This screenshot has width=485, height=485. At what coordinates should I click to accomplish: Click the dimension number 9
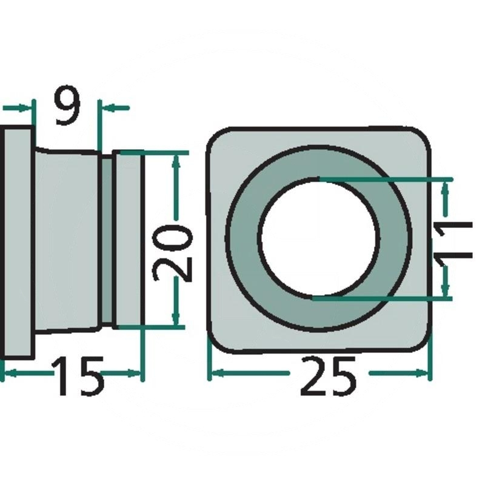[67, 105]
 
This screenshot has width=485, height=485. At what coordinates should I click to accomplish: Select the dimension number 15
[78, 376]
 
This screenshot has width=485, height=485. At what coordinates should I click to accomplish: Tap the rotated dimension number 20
[173, 253]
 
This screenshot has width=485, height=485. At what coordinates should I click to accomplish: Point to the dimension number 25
[328, 376]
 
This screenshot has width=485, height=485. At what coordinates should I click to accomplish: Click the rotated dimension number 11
[453, 240]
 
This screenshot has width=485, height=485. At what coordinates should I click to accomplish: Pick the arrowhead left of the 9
[25, 108]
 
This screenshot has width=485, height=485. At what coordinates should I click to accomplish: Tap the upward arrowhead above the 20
[176, 161]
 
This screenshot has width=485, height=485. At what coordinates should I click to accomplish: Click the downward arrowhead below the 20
[176, 317]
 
